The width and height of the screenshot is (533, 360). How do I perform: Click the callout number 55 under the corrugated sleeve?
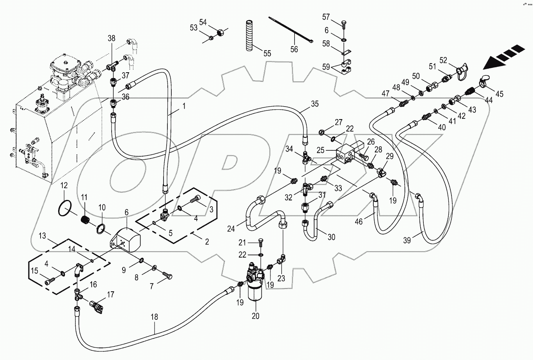[x=267, y=53]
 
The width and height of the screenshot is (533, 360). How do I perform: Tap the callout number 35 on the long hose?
[x=315, y=104]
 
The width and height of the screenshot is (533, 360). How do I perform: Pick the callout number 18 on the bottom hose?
[x=155, y=317]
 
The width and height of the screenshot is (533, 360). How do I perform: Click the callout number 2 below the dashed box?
[x=207, y=242]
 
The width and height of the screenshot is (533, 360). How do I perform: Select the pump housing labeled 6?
[x=129, y=238]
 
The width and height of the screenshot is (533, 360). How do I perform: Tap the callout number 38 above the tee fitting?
[x=112, y=38]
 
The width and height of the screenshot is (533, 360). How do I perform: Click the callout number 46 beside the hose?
[x=359, y=222]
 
